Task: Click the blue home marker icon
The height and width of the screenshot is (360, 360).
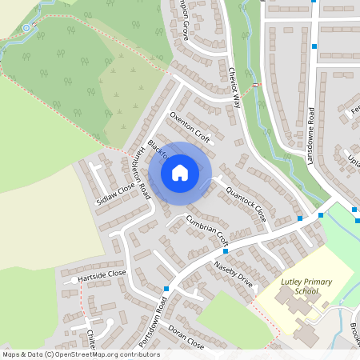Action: (180, 172)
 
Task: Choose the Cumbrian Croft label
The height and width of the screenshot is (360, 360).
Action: (207, 230)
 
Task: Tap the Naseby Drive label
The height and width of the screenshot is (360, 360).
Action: (233, 274)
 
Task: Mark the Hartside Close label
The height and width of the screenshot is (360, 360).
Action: (102, 274)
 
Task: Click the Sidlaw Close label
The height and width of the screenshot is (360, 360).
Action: (115, 194)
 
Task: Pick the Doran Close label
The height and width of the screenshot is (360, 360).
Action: (186, 340)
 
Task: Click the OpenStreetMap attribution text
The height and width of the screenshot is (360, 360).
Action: (80, 354)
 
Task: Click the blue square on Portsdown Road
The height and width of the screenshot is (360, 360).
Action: (166, 289)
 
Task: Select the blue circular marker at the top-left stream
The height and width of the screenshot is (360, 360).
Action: (26, 28)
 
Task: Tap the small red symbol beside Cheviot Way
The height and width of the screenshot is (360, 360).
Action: (255, 86)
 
